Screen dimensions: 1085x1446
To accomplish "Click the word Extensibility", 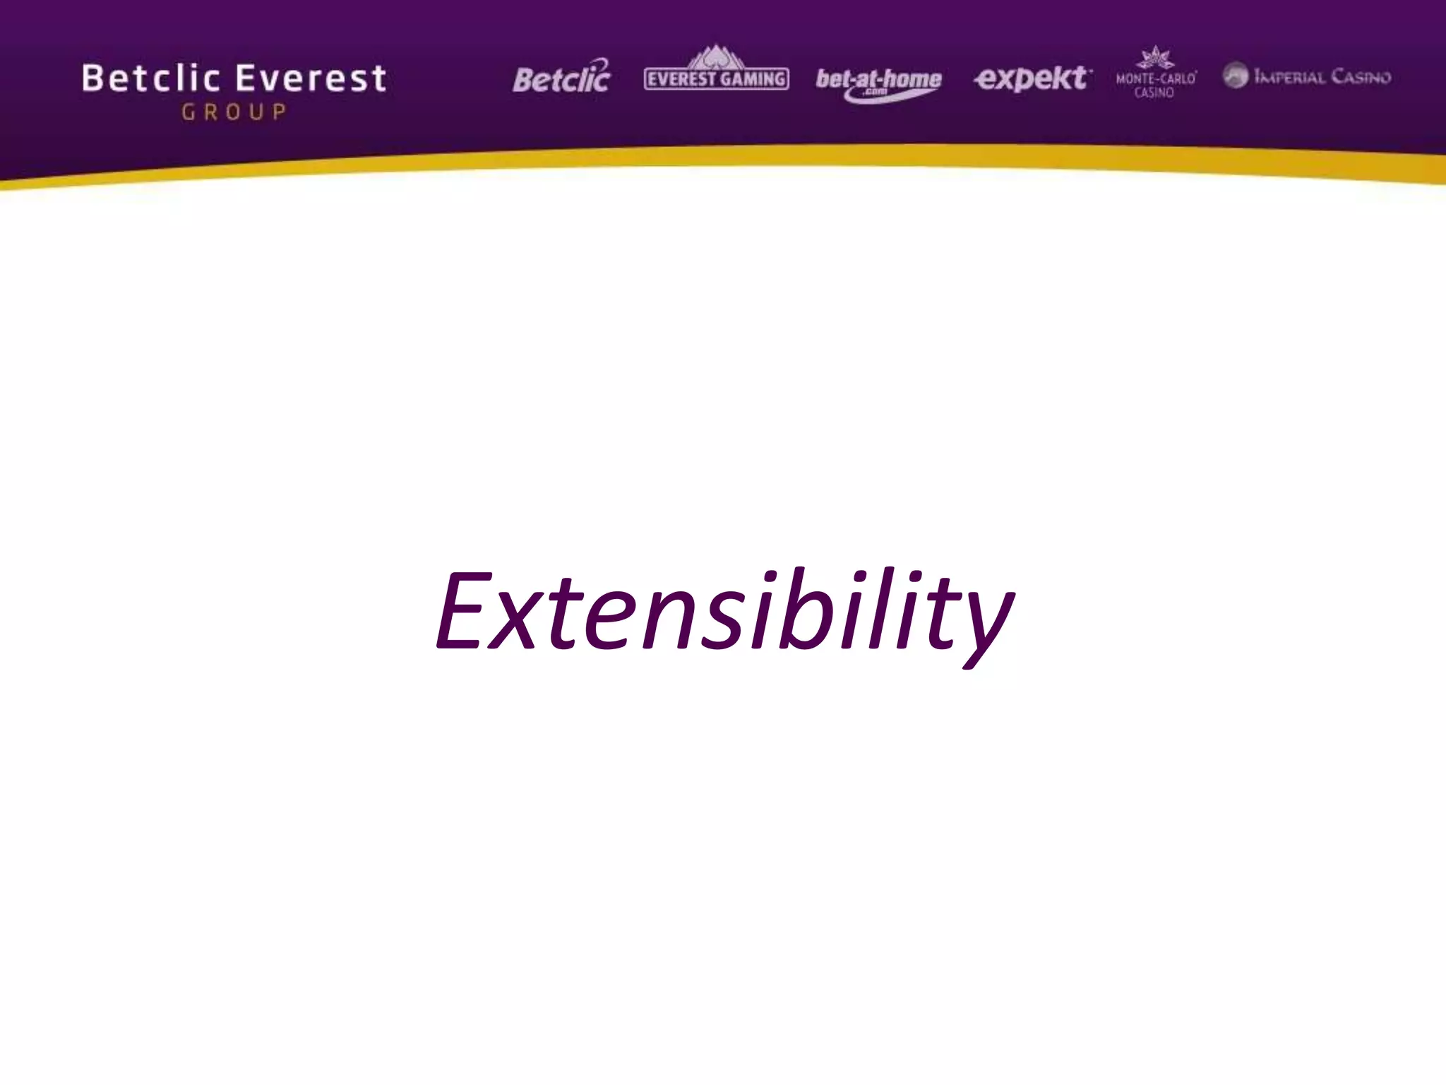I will [x=724, y=612].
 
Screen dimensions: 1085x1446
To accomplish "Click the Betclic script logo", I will [x=562, y=78].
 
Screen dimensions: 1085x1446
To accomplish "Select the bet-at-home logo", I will [x=878, y=81].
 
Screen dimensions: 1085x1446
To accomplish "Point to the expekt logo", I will [x=1032, y=78].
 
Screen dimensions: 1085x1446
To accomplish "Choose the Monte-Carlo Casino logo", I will [x=1155, y=75].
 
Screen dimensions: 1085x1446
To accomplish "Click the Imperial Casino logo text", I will [x=1322, y=77].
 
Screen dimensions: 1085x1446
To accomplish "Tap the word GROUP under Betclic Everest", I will [x=234, y=112].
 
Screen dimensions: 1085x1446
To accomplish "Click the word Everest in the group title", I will [x=311, y=78].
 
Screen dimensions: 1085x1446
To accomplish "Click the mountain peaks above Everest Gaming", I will [x=716, y=57].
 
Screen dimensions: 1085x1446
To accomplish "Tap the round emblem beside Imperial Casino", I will [x=1236, y=76].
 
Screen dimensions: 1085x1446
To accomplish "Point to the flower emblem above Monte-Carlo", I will [x=1155, y=57].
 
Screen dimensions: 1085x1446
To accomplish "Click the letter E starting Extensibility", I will [x=463, y=610].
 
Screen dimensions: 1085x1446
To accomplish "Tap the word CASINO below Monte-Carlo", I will [x=1154, y=93].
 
